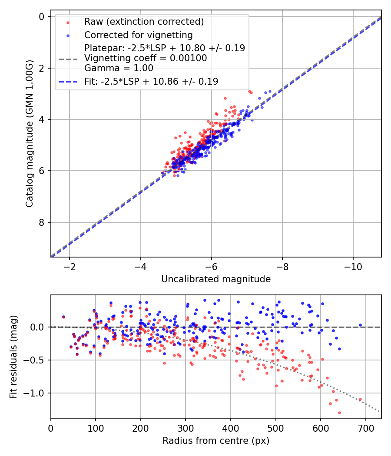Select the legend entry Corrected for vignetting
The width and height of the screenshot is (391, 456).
click(138, 35)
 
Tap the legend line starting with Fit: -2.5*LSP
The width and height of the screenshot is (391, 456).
click(151, 81)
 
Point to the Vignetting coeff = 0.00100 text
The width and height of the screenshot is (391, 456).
click(146, 58)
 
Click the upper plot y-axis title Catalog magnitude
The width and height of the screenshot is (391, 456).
click(29, 133)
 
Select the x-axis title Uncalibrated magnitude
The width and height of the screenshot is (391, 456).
click(216, 279)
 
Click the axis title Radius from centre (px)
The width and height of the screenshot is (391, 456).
click(216, 441)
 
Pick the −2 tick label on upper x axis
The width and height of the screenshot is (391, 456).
click(69, 265)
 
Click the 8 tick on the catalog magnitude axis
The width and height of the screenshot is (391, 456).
click(42, 222)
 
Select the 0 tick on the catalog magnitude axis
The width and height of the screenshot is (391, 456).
click(42, 17)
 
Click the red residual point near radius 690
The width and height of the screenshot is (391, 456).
click(360, 399)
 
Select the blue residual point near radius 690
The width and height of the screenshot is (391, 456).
click(360, 325)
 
